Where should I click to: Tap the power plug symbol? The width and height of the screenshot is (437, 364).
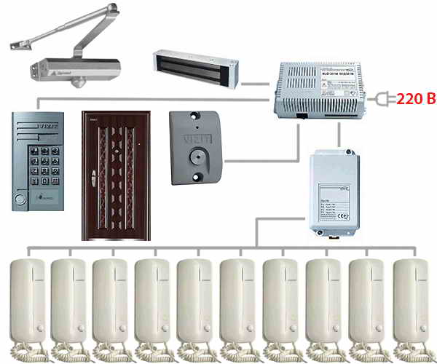click(x=381, y=98)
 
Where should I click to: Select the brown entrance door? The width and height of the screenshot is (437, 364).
click(x=116, y=174)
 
